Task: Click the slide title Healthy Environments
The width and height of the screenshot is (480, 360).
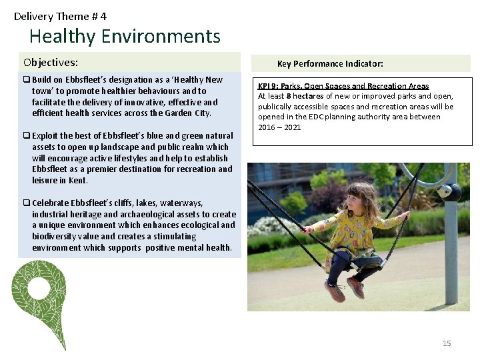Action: (125, 36)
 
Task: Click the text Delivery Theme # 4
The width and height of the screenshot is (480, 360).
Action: (60, 16)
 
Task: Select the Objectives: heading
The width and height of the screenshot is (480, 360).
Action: (51, 63)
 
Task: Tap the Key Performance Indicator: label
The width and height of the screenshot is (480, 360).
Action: (330, 64)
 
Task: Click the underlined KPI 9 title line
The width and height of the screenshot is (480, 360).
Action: (343, 86)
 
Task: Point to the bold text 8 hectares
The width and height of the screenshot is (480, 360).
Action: (305, 96)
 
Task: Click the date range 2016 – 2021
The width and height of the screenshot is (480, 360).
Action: (279, 127)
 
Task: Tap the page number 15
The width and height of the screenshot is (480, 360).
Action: (447, 343)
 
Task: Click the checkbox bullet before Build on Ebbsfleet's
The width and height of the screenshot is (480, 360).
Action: (27, 80)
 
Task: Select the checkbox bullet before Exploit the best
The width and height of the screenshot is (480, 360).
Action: (27, 136)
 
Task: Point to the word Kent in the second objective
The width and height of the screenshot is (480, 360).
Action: (78, 180)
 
